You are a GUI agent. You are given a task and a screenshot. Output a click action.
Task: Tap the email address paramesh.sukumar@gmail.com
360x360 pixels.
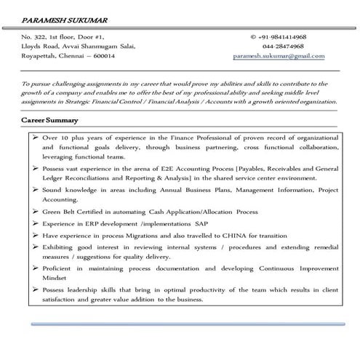pos(279,55)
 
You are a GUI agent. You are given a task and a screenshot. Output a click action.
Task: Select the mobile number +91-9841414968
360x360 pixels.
pos(280,36)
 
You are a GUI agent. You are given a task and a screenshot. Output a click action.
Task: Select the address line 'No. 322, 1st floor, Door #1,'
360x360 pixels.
pos(63,36)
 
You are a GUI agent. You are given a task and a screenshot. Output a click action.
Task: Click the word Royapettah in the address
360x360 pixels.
pos(41,55)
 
